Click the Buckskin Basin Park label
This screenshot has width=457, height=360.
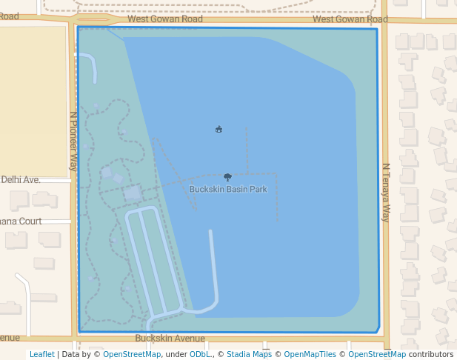click(x=227, y=190)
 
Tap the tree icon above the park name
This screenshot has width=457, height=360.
click(x=227, y=177)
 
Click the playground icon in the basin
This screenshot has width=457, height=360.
click(x=219, y=130)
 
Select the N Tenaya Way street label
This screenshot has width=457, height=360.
click(x=385, y=193)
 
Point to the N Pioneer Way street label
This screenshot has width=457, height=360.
click(x=73, y=141)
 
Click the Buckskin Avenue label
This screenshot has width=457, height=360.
click(x=164, y=338)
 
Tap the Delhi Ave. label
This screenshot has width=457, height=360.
click(x=20, y=179)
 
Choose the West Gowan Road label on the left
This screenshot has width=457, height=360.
click(x=165, y=19)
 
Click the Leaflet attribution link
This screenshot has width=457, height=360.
click(x=41, y=354)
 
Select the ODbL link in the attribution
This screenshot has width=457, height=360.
click(x=199, y=354)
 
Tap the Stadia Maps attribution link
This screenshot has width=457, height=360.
click(x=249, y=354)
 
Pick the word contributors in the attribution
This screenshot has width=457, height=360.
click(x=430, y=354)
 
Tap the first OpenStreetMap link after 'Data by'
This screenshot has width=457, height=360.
click(x=132, y=354)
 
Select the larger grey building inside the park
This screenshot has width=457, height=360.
click(x=133, y=194)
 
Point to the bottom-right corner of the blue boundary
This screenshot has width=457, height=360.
click(x=378, y=330)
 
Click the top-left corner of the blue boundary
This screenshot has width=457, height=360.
click(x=78, y=28)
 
